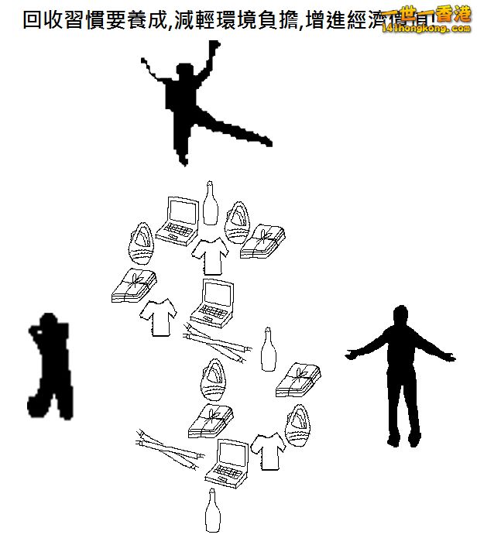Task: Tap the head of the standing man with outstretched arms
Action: pos(400,317)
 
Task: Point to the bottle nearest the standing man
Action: pos(269,349)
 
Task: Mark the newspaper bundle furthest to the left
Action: pos(132,286)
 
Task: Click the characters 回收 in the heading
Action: pos(44,19)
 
